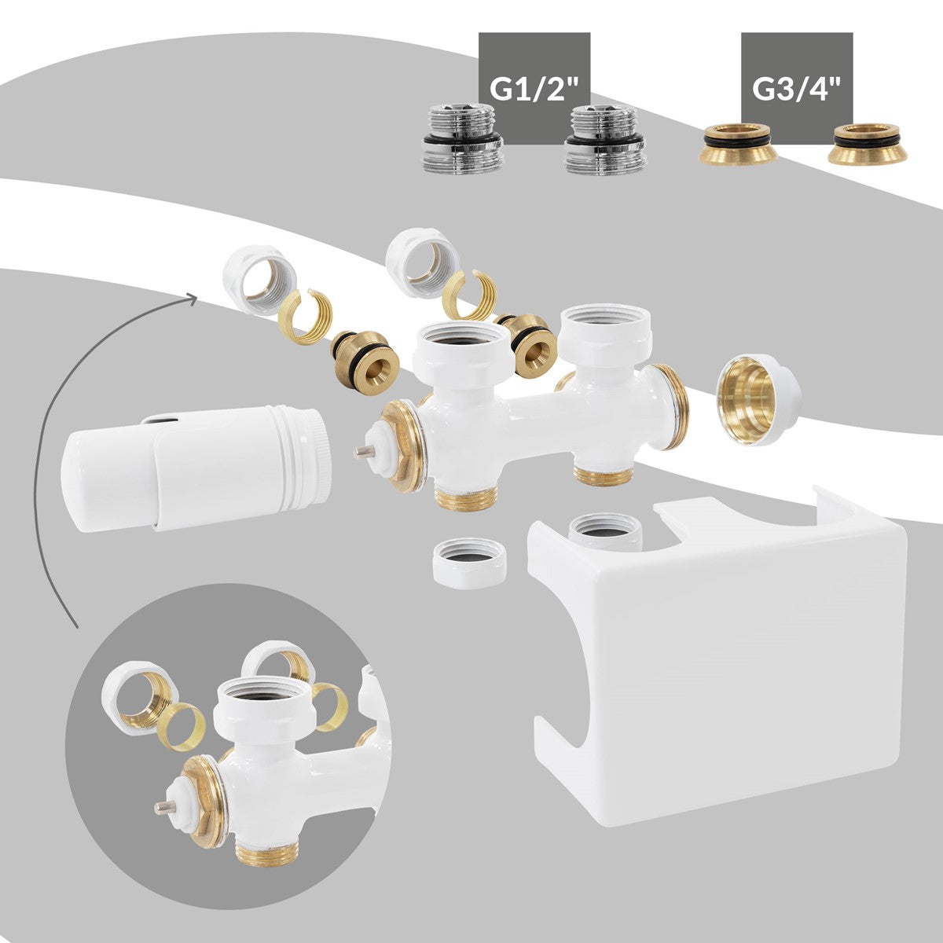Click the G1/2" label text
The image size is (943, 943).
tap(534, 89)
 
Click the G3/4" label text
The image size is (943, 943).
tap(797, 89)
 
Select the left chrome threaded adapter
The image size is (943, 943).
tap(462, 140)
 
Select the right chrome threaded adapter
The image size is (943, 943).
tap(605, 140)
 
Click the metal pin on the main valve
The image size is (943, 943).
tap(362, 452)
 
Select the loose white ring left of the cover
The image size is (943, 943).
tap(468, 564)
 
